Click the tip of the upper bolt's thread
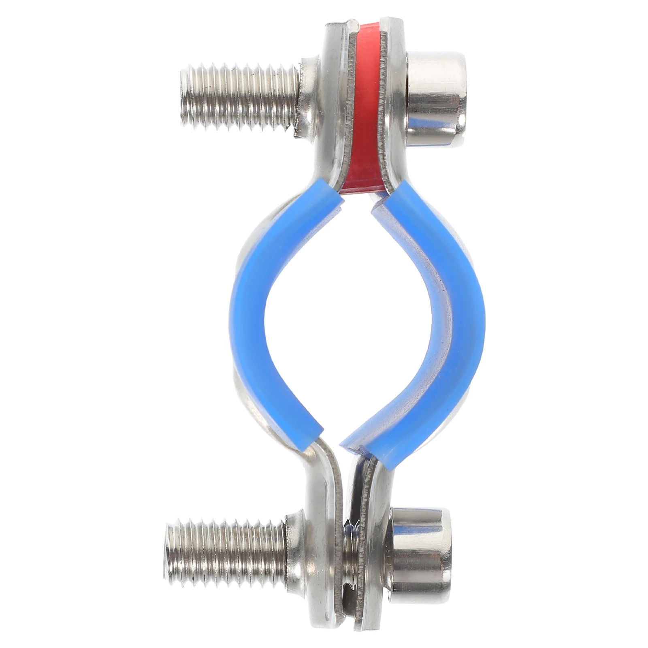click(185, 99)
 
